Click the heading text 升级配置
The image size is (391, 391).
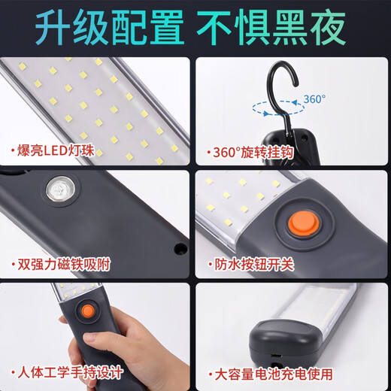(111, 27)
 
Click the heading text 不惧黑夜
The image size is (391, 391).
(276, 27)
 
